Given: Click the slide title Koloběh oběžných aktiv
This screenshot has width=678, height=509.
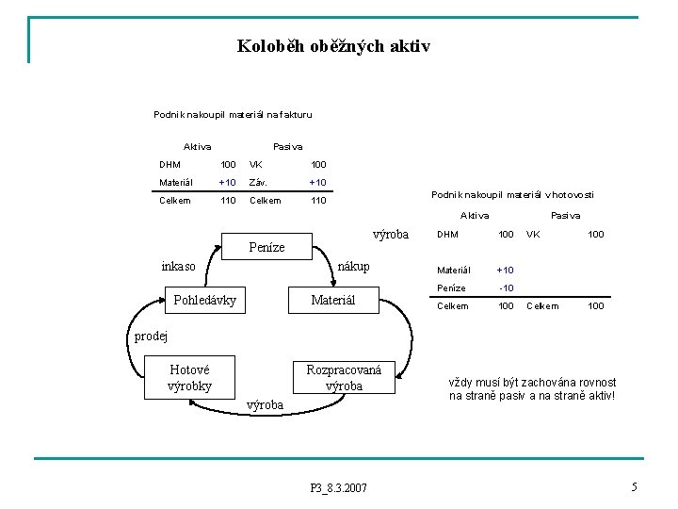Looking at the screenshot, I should [333, 45].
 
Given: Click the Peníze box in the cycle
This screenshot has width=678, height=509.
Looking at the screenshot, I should [266, 247].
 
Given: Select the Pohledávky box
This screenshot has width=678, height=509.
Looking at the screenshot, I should [204, 301].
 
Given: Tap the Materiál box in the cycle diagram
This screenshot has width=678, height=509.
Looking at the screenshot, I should [332, 301].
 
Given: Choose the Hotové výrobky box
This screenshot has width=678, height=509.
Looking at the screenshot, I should [189, 378].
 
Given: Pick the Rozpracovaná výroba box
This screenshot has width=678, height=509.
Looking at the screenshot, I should [344, 378].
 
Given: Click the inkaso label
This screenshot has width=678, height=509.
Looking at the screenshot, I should [179, 267].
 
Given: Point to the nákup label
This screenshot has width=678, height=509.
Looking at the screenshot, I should [353, 267].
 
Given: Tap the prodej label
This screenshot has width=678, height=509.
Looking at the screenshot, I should [150, 336].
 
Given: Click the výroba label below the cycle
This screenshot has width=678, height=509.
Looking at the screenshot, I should [265, 405].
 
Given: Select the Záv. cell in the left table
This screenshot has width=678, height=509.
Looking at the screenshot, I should [259, 182].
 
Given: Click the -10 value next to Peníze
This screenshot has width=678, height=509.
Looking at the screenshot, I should [506, 287].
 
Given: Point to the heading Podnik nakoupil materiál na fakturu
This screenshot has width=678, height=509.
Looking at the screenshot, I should [233, 115].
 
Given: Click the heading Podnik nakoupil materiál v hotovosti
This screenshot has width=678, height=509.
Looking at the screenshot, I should [512, 194].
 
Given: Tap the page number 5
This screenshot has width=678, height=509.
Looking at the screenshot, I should [635, 486].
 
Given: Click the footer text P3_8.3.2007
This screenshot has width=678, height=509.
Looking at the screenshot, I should [339, 487].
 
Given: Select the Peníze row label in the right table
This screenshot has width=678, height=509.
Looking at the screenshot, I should [451, 287].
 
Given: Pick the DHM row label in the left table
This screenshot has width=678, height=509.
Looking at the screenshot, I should [169, 165].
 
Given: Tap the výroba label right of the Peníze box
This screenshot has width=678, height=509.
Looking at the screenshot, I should [391, 234].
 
